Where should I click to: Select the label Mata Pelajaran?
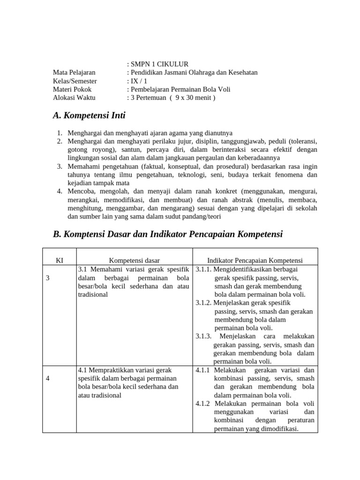(74, 72)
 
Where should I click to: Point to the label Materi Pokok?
(72, 89)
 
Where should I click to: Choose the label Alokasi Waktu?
(74, 97)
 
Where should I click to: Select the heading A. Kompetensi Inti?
(89, 115)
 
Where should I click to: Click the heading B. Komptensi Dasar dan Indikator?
(168, 234)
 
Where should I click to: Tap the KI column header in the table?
(60, 260)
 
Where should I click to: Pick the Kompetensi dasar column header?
(135, 260)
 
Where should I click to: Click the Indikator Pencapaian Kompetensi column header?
(255, 260)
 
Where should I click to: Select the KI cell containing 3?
(48, 278)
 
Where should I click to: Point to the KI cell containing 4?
(48, 379)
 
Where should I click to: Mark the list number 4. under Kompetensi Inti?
(60, 191)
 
